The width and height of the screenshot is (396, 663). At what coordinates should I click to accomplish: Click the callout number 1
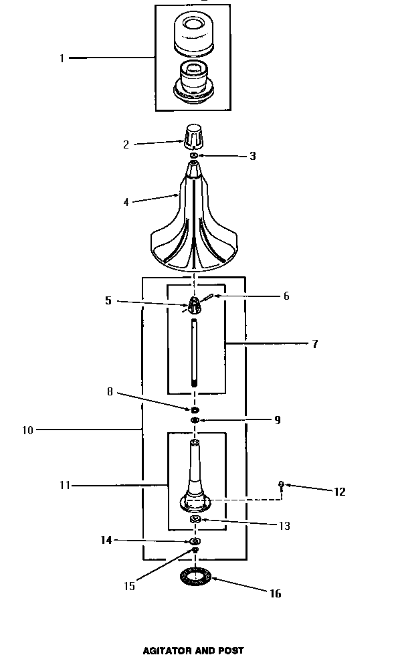[x=62, y=58]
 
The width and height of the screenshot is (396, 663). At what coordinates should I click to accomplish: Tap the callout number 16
[x=275, y=593]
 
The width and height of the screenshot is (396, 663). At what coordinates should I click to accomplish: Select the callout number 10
[x=27, y=430]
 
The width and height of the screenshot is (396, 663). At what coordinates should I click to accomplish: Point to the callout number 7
[x=314, y=345]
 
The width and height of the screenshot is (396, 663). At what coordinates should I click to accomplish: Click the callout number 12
[x=339, y=492]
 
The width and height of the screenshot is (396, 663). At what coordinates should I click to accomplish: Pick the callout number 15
[x=129, y=586]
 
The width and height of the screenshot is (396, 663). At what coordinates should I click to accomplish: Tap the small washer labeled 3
[x=193, y=156]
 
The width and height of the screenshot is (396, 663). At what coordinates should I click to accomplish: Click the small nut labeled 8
[x=195, y=409]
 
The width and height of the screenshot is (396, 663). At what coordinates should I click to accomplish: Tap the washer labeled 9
[x=195, y=420]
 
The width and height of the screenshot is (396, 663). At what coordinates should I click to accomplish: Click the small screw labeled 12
[x=282, y=485]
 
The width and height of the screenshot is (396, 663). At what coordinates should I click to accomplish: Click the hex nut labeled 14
[x=195, y=541]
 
